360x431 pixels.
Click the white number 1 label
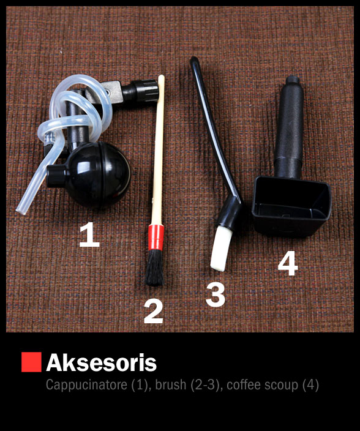[x=89, y=235]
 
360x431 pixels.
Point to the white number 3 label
[x=216, y=294]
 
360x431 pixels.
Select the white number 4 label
[x=288, y=263]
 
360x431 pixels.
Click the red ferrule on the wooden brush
[x=156, y=237]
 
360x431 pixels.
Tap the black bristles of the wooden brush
[x=155, y=268]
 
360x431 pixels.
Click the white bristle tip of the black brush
[x=220, y=249]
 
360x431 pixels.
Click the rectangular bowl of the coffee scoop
[x=291, y=206]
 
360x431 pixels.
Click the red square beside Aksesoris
[x=31, y=362]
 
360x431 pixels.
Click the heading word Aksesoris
[x=102, y=362]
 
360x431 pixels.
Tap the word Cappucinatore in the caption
[x=86, y=384]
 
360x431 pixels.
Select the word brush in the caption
[x=171, y=384]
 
